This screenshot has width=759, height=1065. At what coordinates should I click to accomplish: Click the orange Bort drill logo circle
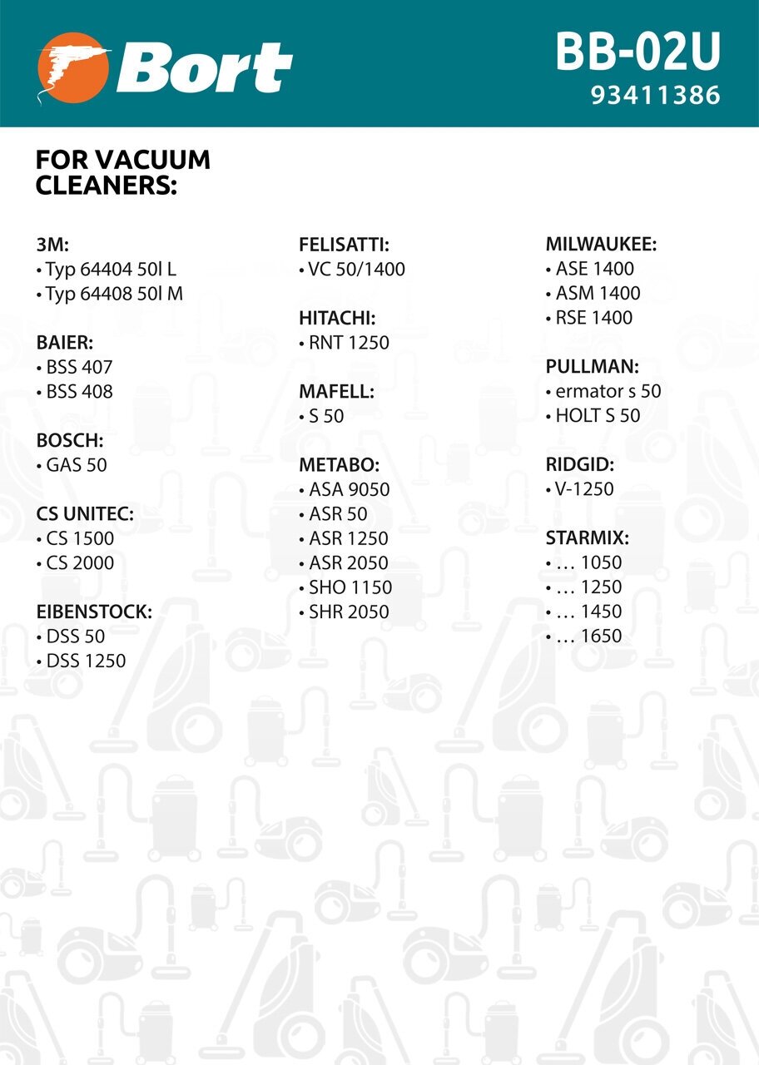[74, 69]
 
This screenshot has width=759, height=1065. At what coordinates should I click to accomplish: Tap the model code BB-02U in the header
[637, 52]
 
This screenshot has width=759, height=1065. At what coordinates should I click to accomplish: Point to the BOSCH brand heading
[70, 440]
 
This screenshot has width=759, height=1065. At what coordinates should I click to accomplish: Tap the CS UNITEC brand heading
[85, 514]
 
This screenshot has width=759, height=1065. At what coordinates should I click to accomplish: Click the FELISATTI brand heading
[344, 245]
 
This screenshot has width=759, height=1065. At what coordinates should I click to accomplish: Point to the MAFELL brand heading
[336, 391]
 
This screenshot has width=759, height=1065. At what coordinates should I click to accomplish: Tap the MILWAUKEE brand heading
[601, 245]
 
